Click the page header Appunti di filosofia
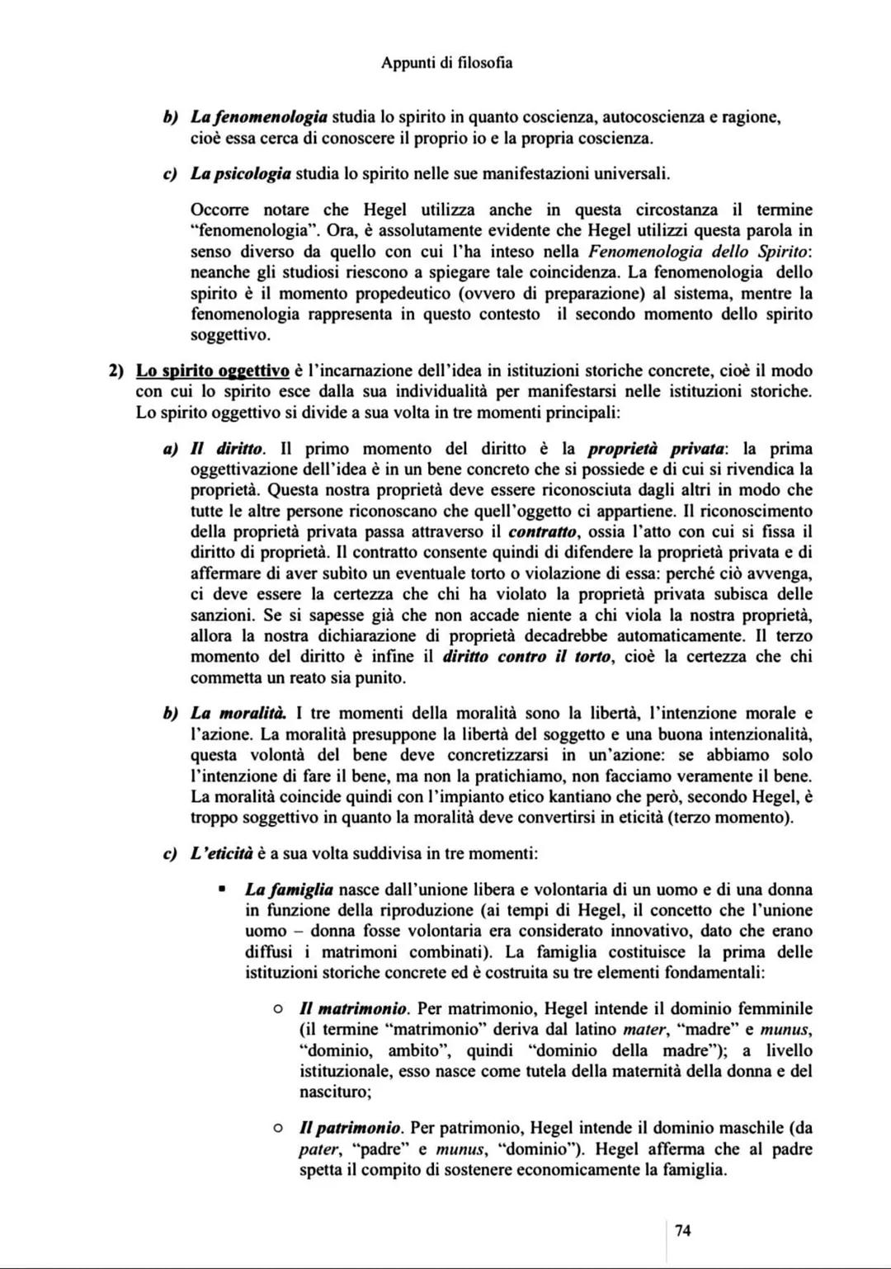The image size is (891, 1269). coord(446,63)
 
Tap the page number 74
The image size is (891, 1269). coord(682,1231)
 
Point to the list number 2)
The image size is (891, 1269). coord(119,370)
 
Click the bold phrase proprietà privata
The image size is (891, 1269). coord(657,449)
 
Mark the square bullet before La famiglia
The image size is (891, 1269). coord(222,889)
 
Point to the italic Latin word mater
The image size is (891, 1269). coord(643,1029)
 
